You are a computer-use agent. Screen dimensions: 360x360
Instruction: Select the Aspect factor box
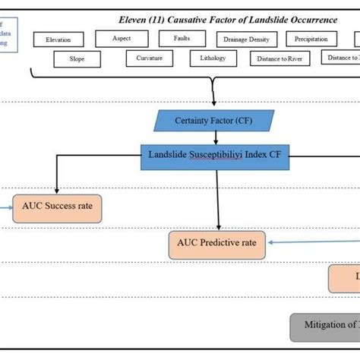click(x=122, y=38)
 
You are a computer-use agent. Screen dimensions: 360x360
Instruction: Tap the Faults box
click(x=180, y=38)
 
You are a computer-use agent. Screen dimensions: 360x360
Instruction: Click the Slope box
click(x=77, y=58)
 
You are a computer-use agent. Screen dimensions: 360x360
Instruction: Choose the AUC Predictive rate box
click(x=218, y=244)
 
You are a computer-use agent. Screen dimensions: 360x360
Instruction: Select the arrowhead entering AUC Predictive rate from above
click(x=219, y=227)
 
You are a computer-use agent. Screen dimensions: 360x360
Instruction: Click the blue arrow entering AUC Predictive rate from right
click(x=273, y=243)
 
